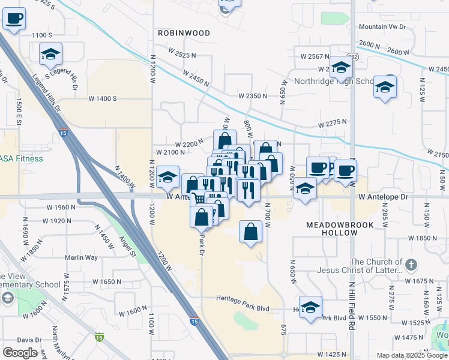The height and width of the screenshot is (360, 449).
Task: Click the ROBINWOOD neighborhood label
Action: click(x=184, y=33)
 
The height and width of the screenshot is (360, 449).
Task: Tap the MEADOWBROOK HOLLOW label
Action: click(x=348, y=229)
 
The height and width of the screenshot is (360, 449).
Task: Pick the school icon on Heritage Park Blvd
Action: click(x=310, y=307)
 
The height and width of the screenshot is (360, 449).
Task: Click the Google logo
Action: click(x=20, y=353)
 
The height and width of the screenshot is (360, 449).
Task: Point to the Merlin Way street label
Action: click(x=81, y=257)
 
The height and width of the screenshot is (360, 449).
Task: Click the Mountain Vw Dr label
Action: click(x=382, y=27)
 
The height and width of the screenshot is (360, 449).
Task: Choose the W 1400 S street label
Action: click(x=102, y=98)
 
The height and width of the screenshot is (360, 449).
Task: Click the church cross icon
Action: click(x=411, y=264)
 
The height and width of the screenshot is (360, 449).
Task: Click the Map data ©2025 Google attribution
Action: click(x=411, y=355)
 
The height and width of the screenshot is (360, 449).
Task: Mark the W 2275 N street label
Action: click(x=333, y=122)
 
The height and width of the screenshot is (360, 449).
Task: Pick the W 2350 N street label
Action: click(x=252, y=96)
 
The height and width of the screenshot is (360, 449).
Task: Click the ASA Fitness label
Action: click(x=22, y=159)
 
